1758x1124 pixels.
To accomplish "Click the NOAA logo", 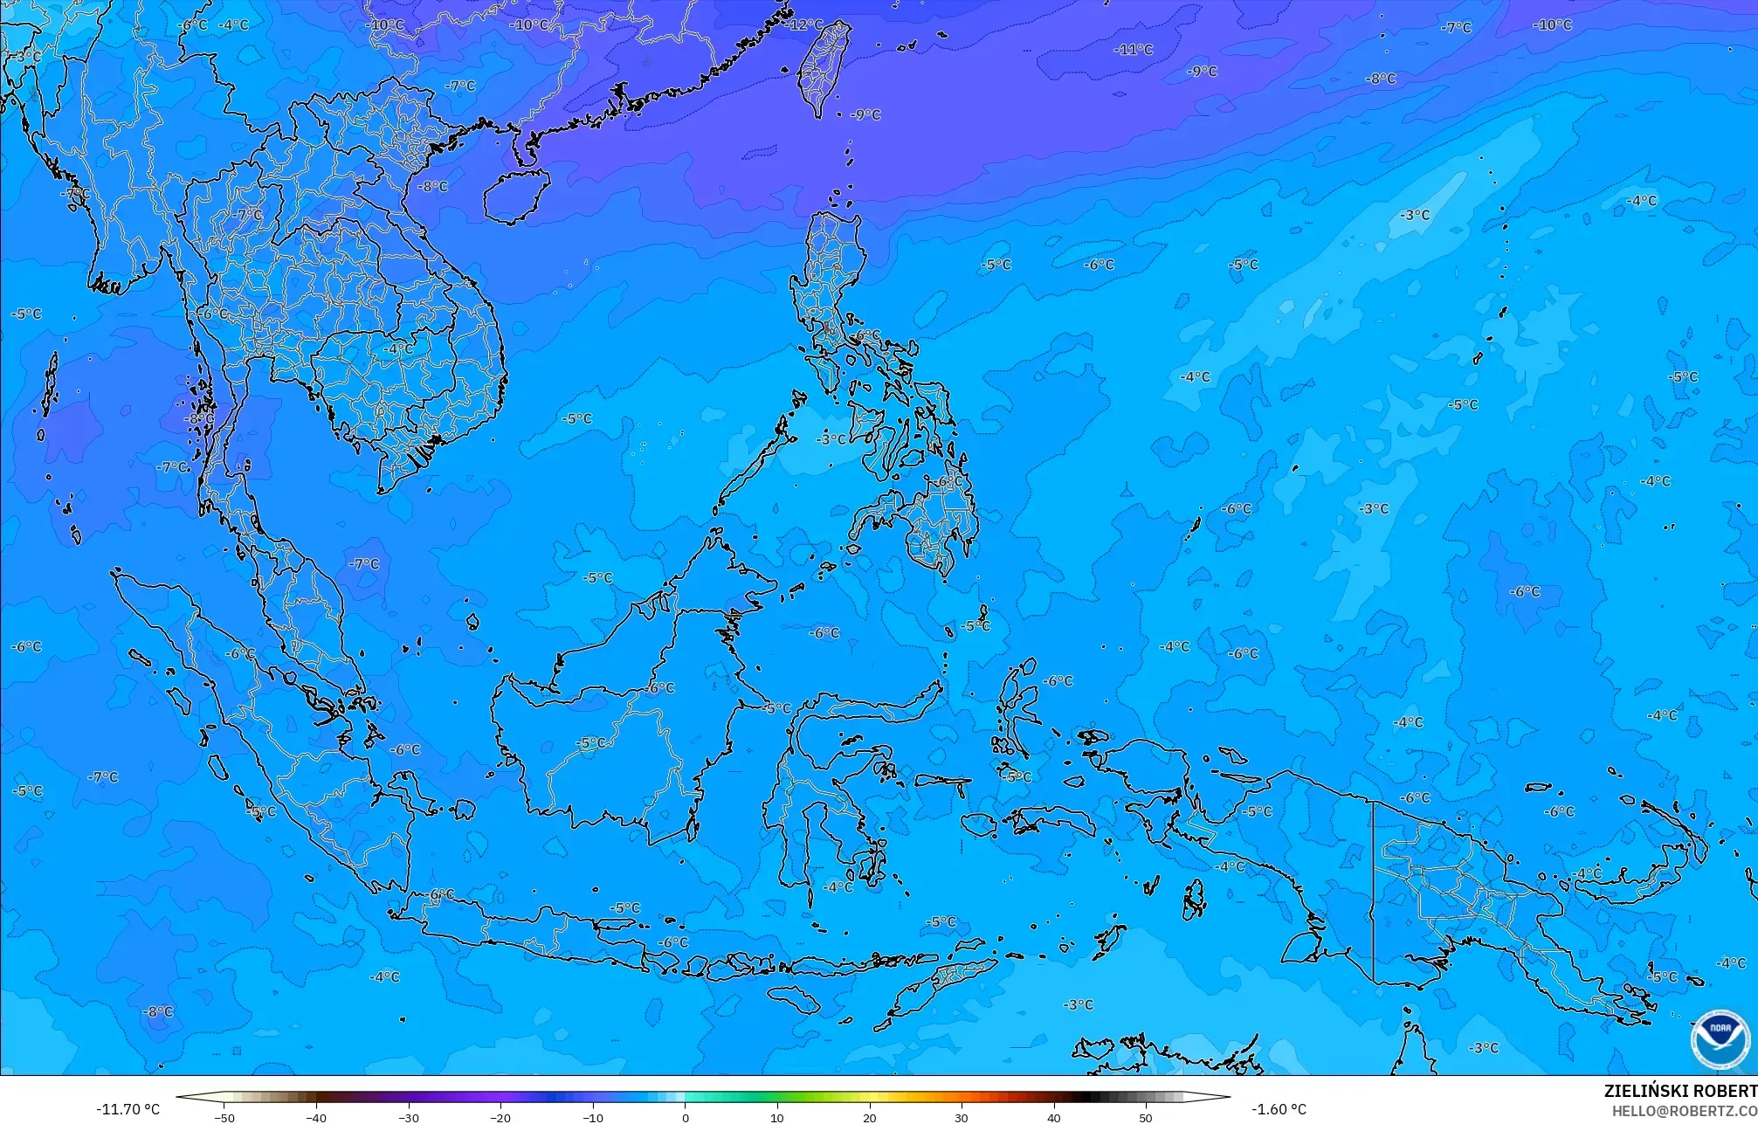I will (1720, 1039).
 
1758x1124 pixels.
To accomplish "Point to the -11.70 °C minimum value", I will (128, 1109).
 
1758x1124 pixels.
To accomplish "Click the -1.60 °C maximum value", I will (1279, 1109).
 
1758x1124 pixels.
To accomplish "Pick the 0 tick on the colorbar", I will (686, 1117).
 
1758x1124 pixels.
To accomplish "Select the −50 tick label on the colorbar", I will (224, 1117).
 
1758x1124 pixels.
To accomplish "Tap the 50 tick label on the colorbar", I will (1146, 1117).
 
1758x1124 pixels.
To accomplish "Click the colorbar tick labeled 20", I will (870, 1117).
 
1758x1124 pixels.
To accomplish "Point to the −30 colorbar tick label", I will (409, 1117).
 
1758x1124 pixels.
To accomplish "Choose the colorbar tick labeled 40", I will (1054, 1117).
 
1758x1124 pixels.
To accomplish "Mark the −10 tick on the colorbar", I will (593, 1117).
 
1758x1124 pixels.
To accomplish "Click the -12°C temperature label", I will (805, 24).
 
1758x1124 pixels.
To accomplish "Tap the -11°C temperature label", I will (1134, 50).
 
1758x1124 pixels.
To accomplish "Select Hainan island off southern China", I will (515, 195).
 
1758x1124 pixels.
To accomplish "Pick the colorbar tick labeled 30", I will (962, 1117).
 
